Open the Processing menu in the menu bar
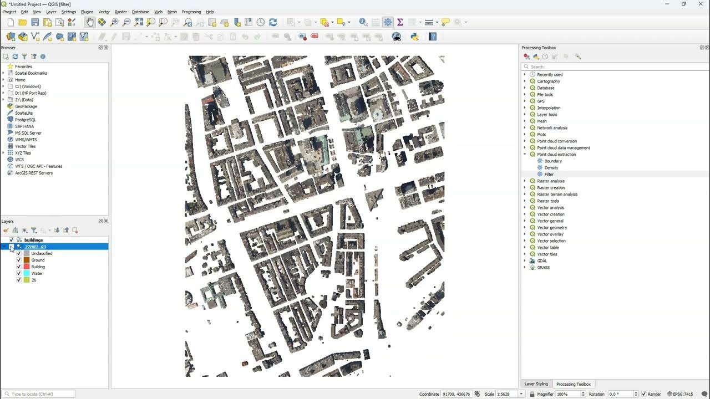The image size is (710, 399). coord(191,12)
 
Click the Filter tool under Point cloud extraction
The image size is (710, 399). coord(549,175)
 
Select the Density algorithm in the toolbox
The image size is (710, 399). coord(551,168)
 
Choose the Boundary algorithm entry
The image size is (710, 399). coord(552,161)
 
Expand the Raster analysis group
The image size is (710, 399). coord(525,181)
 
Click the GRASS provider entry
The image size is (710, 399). coord(543,268)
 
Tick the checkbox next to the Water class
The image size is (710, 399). coord(19,273)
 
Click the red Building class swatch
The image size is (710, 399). coord(26,267)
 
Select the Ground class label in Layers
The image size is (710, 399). coord(38,260)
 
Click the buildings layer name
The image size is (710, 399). coord(33,240)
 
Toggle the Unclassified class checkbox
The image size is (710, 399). coord(19,253)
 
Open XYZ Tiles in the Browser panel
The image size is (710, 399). coord(23,153)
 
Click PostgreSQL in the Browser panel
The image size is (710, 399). coord(25,120)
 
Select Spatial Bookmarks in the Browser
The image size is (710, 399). coord(31,73)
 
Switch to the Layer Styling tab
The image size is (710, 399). coord(536,384)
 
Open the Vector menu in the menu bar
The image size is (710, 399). coord(104,12)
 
